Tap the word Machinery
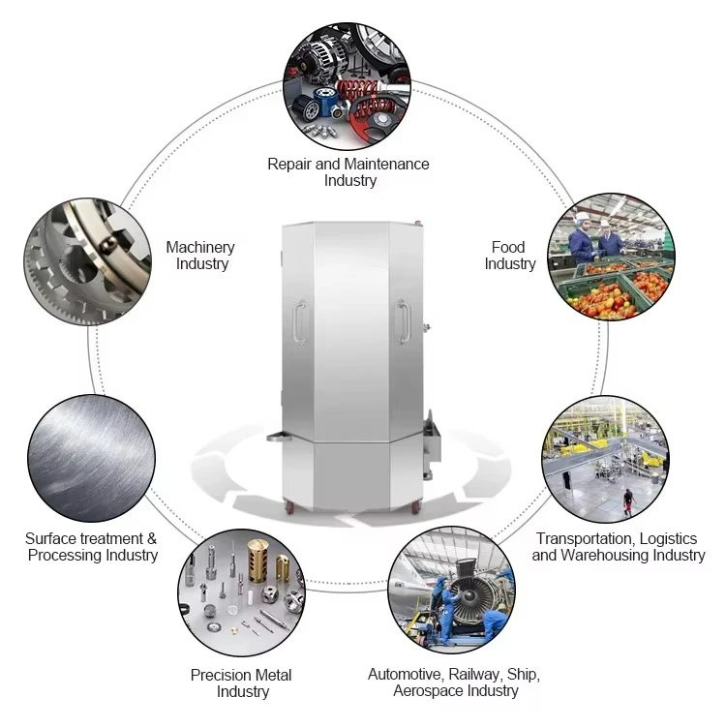(x=200, y=247)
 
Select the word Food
(x=508, y=247)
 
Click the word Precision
(x=216, y=675)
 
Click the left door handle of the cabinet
(x=300, y=321)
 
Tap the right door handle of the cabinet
(x=404, y=321)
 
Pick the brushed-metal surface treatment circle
(x=91, y=458)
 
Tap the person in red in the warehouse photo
(x=628, y=501)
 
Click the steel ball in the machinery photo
(x=109, y=242)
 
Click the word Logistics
(x=669, y=538)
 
